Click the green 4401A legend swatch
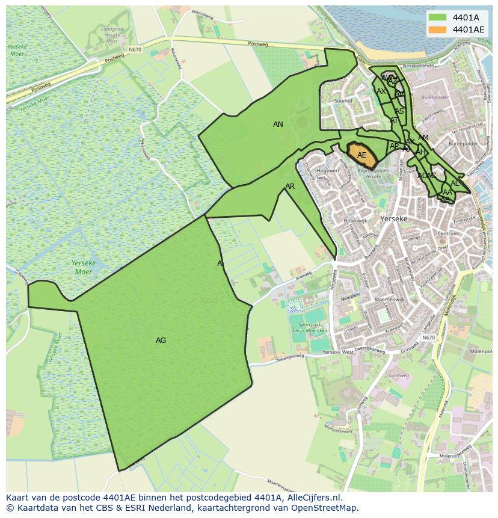click(x=437, y=17)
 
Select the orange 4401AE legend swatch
click(x=437, y=29)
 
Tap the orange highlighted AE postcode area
click(x=361, y=155)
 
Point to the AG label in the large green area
click(x=161, y=341)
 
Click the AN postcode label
click(x=278, y=125)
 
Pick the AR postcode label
click(x=290, y=187)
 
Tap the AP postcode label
click(x=394, y=146)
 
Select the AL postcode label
click(x=455, y=183)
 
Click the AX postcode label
click(x=381, y=91)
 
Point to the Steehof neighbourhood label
click(x=343, y=101)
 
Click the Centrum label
click(x=448, y=233)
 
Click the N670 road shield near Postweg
click(x=135, y=49)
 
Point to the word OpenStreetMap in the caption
click(x=327, y=508)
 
